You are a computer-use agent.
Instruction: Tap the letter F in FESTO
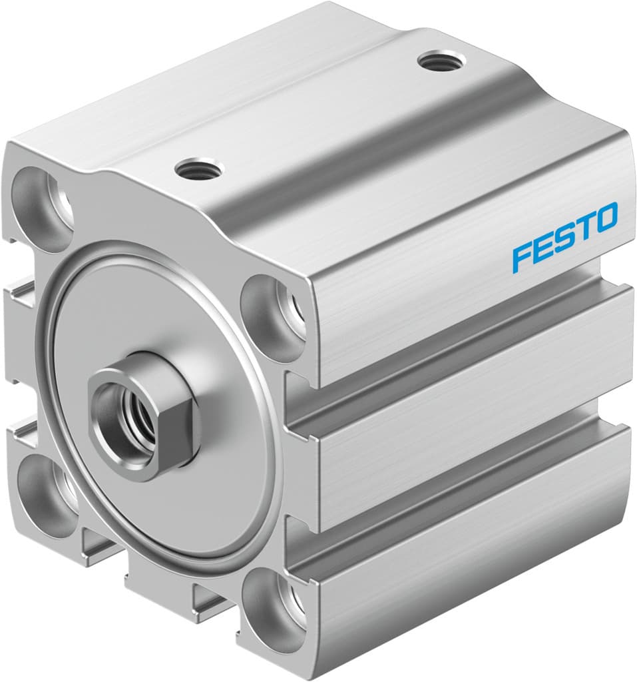tap(522, 258)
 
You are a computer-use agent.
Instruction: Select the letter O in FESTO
tap(606, 218)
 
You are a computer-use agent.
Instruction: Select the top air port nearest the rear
tap(440, 62)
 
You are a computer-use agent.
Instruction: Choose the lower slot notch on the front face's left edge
tap(20, 433)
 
